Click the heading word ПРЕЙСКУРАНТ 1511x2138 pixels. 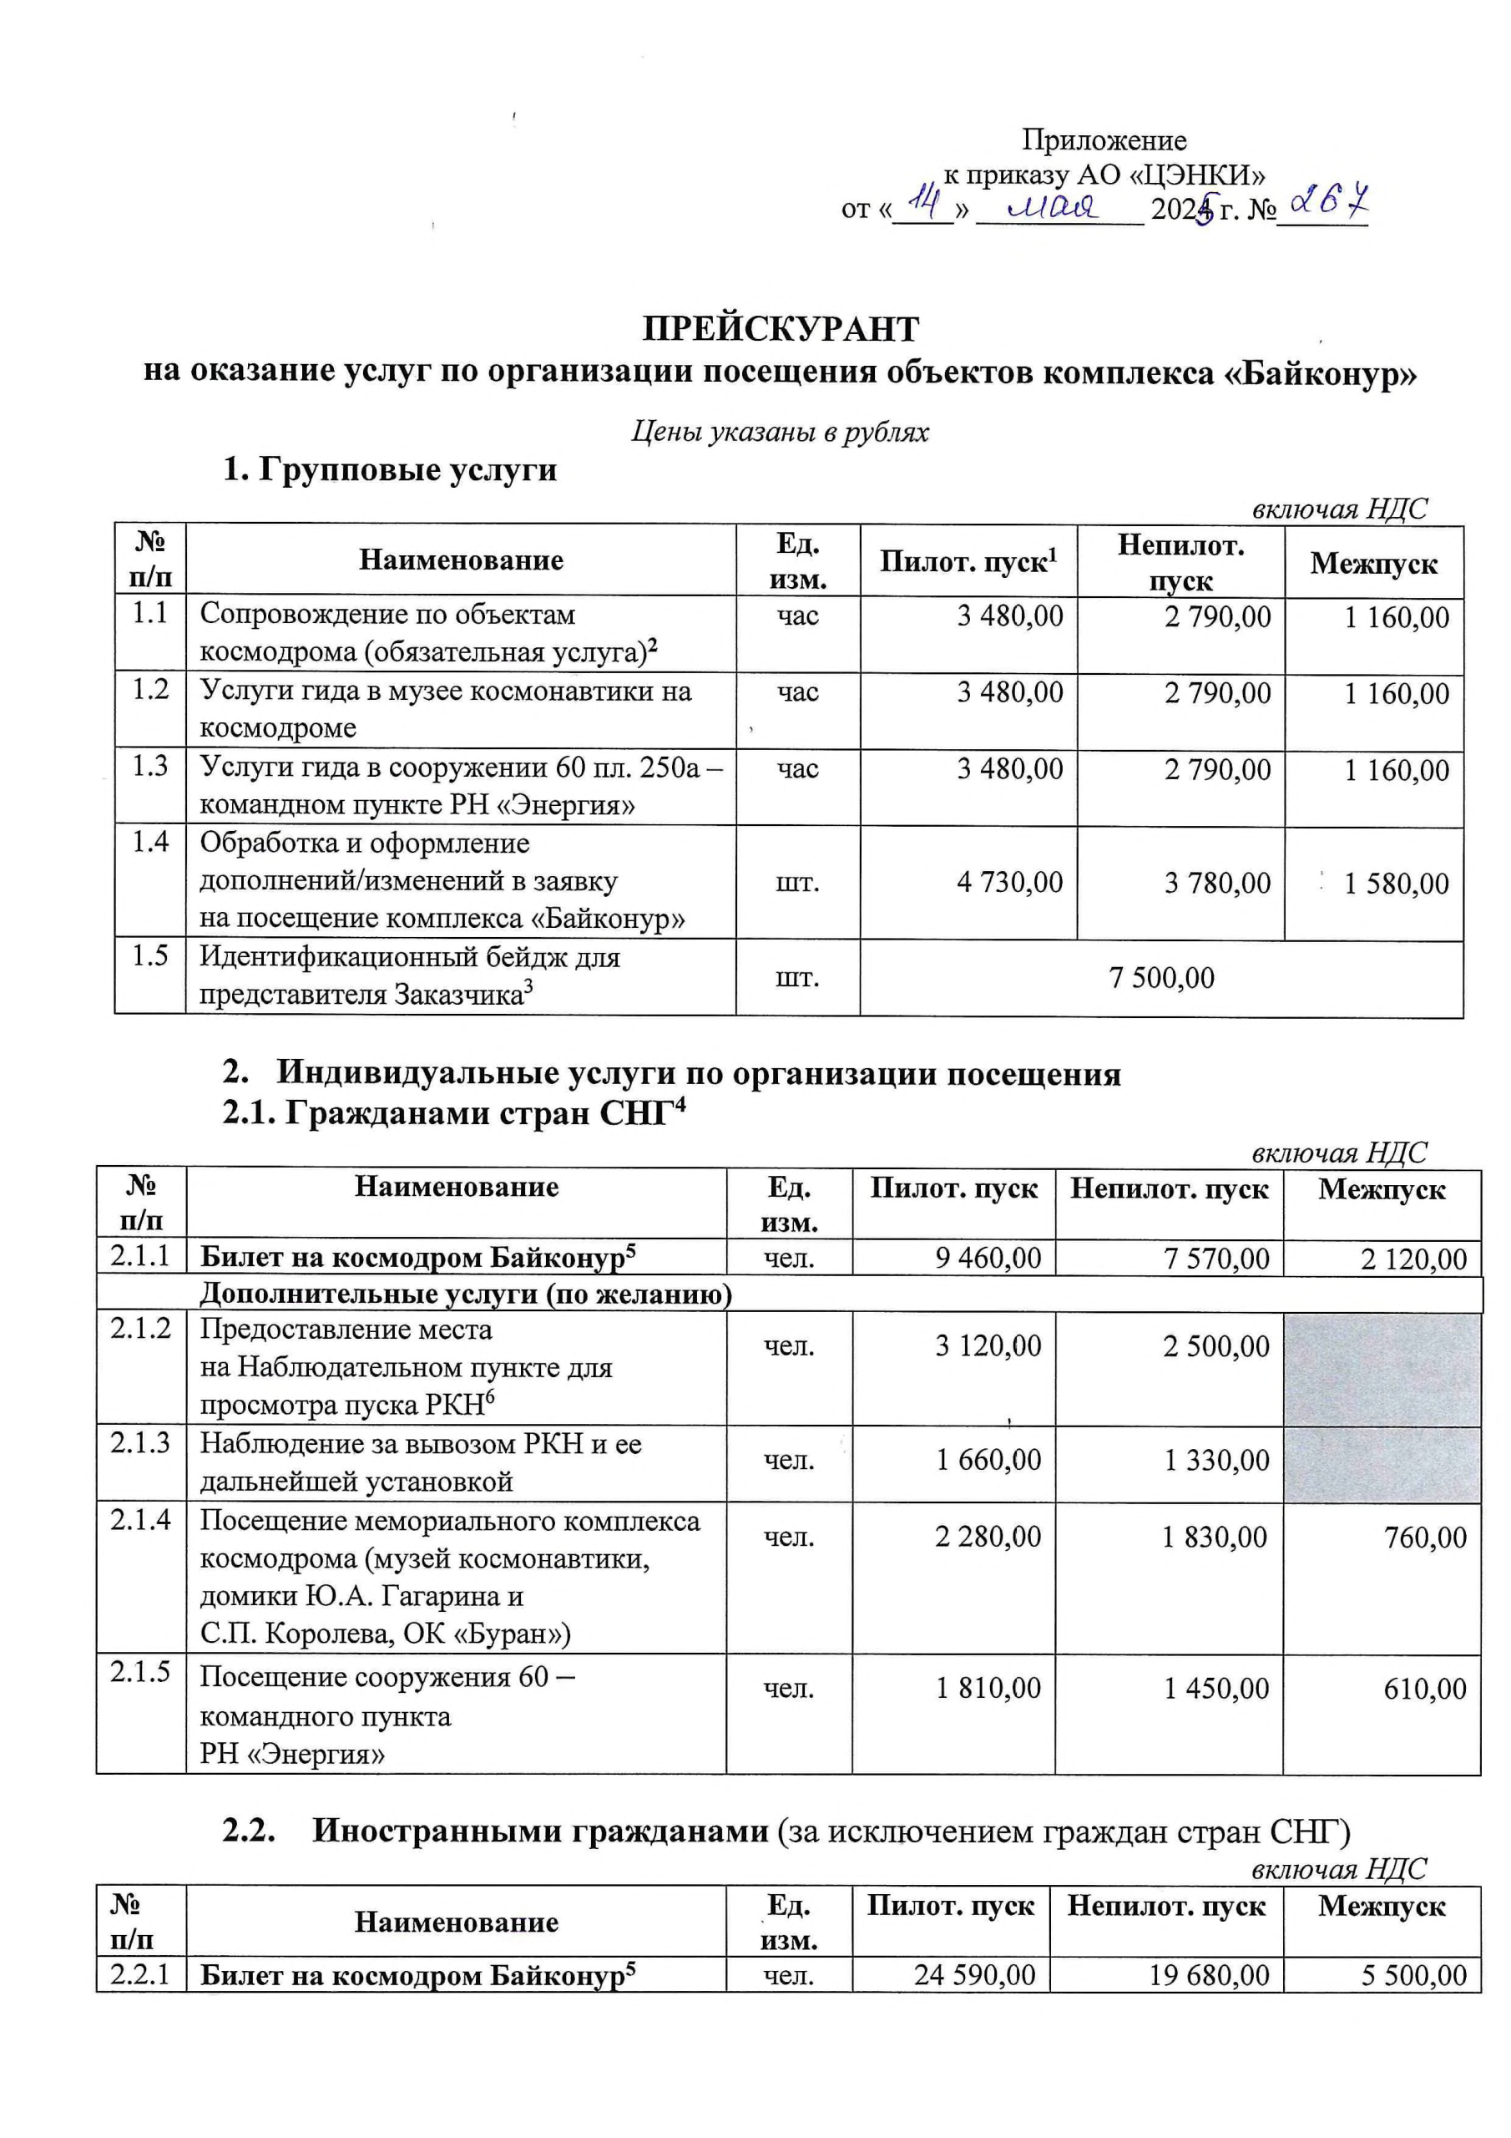[x=781, y=329]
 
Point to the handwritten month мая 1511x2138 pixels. [x=1057, y=204]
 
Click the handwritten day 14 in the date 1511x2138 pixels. [x=924, y=200]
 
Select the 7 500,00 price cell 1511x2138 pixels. [x=1161, y=977]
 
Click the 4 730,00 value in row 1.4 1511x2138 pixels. [x=1009, y=882]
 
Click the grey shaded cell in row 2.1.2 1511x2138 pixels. [x=1382, y=1368]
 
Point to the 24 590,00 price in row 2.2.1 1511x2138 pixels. [x=975, y=1974]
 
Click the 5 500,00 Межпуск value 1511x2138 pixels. [x=1414, y=1974]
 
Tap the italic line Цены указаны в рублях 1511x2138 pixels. [x=781, y=432]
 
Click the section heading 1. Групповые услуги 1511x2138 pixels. [x=389, y=469]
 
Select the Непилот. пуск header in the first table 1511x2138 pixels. [x=1180, y=561]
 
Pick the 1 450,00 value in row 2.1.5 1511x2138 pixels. [x=1215, y=1688]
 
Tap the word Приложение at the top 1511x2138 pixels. [x=1104, y=140]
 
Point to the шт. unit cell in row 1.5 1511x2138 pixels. [x=798, y=977]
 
